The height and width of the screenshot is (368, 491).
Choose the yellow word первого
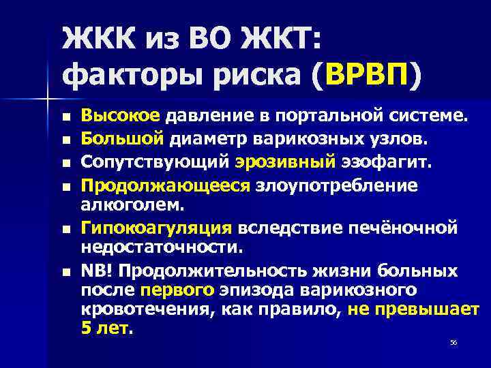coord(170,291)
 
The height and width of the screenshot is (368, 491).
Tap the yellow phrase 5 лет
coord(106,329)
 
